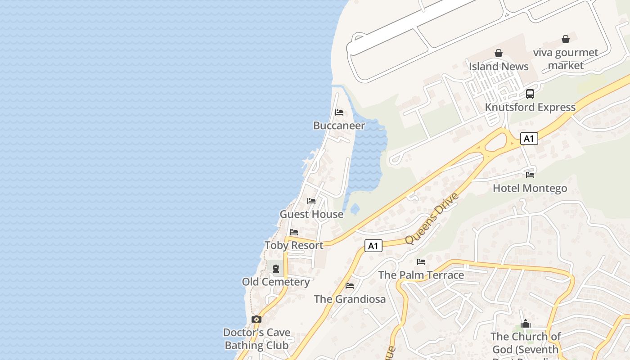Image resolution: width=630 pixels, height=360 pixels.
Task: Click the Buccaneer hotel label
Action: (x=339, y=126)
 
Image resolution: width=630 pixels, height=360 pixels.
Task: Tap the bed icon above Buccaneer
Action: (x=339, y=112)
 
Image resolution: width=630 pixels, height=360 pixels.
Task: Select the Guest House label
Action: (x=311, y=214)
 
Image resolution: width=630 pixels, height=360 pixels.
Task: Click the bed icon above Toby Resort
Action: (x=294, y=232)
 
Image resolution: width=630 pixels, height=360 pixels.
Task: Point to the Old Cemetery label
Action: (x=276, y=282)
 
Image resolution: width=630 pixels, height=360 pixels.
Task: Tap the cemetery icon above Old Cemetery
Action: (x=276, y=269)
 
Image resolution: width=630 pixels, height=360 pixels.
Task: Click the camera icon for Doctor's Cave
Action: (x=256, y=319)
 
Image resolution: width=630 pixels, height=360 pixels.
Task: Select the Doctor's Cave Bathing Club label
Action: (x=257, y=339)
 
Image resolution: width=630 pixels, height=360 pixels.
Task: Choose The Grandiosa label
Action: (x=350, y=299)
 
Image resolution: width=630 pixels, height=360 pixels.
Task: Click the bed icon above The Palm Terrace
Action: (x=421, y=261)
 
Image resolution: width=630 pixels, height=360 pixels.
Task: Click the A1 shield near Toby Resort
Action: (x=373, y=246)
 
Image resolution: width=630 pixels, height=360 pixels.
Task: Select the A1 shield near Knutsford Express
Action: (x=529, y=139)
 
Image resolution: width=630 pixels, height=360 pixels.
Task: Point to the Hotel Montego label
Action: (x=530, y=188)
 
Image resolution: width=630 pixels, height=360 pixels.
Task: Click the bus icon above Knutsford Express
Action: (x=530, y=94)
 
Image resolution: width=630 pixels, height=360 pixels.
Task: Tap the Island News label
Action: (x=499, y=67)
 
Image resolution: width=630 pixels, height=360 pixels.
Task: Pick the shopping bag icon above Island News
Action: (x=499, y=53)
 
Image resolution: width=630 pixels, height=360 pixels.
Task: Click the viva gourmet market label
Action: (x=566, y=59)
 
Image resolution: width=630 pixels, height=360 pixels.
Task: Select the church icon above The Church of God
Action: (x=525, y=324)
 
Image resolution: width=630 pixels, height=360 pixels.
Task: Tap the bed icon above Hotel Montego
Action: (x=530, y=175)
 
